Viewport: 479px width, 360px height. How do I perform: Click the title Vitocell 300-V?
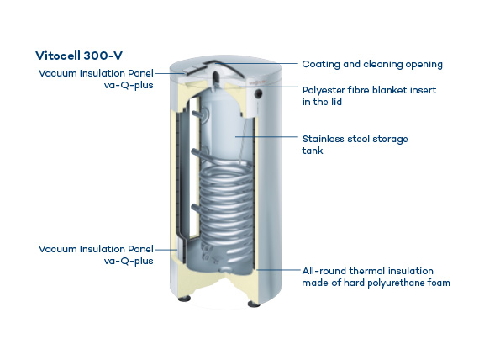pos(79,56)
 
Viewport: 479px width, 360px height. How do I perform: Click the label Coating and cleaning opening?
pos(372,64)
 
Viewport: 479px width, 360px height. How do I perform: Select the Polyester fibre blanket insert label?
pos(369,96)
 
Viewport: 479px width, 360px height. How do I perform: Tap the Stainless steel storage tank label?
pos(355,145)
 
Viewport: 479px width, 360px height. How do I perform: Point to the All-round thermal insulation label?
pos(376,277)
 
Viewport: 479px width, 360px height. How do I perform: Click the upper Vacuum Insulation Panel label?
pos(96,79)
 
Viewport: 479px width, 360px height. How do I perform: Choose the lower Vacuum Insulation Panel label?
pos(96,255)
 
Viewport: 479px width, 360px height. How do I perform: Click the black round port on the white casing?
pos(260,93)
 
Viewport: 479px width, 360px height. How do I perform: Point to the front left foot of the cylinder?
pos(183,298)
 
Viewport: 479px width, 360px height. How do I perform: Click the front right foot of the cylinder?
pos(254,304)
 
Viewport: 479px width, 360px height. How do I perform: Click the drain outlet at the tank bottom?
pos(225,269)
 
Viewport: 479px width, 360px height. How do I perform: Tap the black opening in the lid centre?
pos(216,77)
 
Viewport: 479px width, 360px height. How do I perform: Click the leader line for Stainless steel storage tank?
pos(266,137)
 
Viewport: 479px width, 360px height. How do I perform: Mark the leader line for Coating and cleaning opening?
pos(256,64)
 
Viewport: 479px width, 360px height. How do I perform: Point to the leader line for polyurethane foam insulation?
pos(279,270)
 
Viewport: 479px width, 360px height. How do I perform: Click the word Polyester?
pos(324,91)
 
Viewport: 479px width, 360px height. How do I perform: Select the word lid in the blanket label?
pos(336,102)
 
